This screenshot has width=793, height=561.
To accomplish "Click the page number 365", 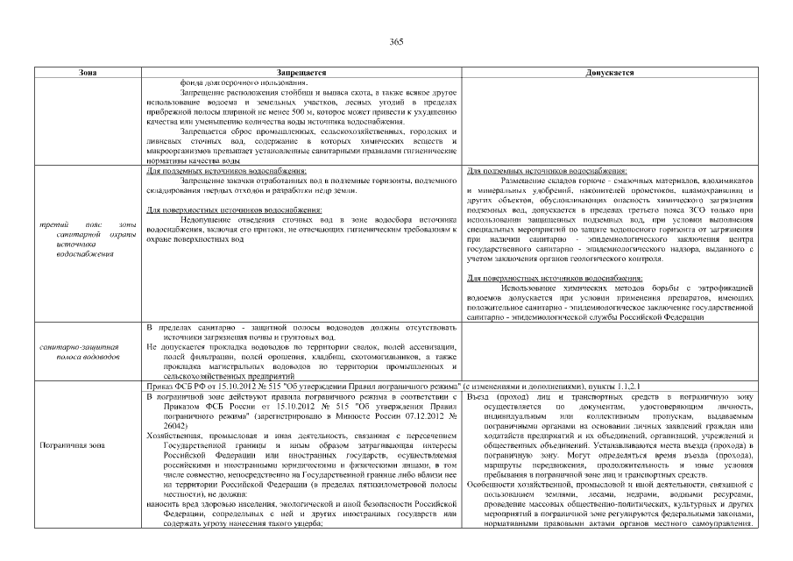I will (x=396, y=41).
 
